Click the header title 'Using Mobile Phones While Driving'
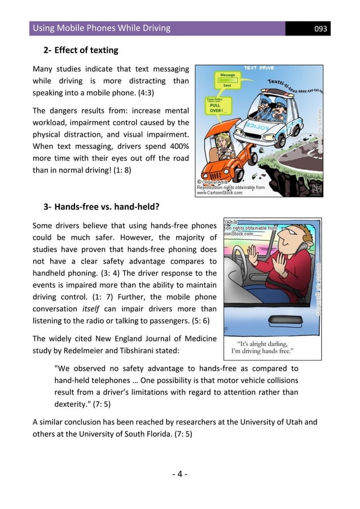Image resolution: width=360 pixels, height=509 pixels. tap(102, 28)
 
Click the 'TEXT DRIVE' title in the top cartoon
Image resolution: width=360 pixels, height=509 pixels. tap(258, 68)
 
